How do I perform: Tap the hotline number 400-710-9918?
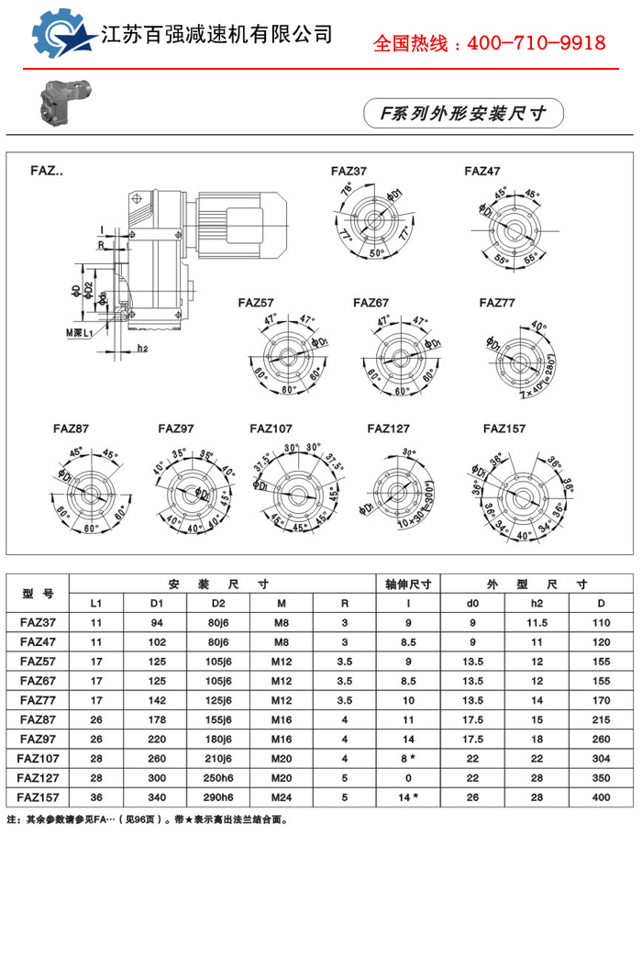537,43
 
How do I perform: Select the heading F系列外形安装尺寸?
464,113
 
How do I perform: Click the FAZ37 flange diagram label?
349,171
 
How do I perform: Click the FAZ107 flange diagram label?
271,428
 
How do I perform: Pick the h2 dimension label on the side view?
142,349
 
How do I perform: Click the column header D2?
217,603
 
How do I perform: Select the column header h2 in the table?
537,603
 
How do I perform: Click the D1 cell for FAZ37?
155,623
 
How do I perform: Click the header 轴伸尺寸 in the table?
409,584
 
